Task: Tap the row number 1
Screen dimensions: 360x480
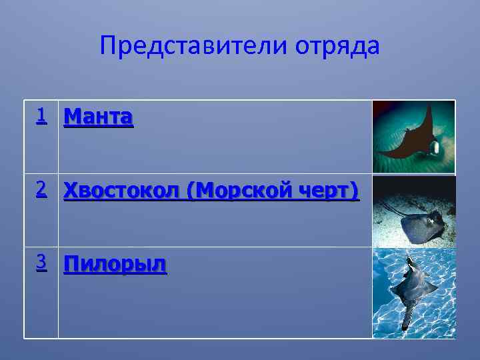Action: point(41,117)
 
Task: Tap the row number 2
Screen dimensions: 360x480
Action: point(41,190)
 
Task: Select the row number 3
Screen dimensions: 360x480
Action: point(41,263)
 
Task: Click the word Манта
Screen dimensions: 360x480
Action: point(98,118)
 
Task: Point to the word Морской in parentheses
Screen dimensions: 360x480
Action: point(241,191)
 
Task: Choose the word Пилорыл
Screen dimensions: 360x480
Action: point(115,265)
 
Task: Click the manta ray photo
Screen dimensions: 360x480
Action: point(413,137)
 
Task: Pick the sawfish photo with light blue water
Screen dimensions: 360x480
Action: point(413,293)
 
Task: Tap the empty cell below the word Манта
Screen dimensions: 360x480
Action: point(213,153)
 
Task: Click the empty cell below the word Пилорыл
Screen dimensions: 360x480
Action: point(213,307)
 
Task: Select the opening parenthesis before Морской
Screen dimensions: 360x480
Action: point(191,191)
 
